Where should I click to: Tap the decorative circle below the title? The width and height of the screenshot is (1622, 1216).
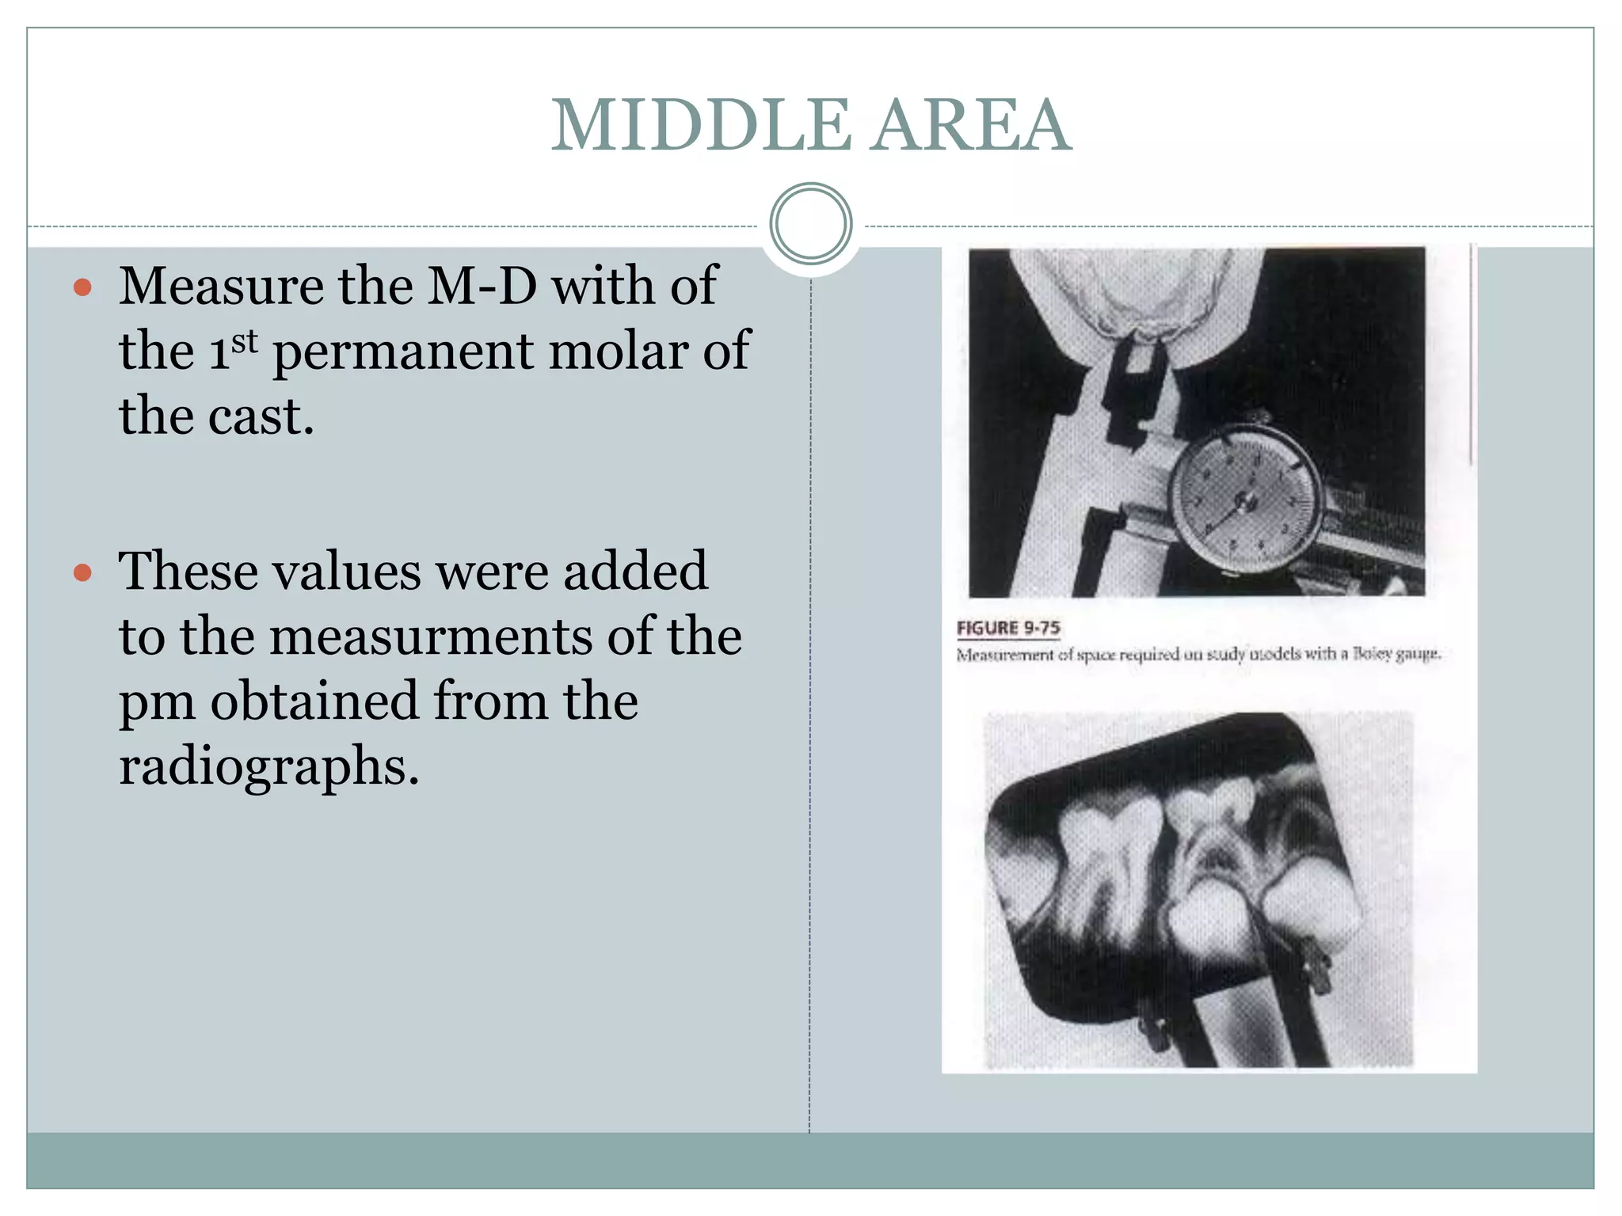[x=810, y=223]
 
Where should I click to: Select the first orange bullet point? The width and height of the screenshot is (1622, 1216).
[x=82, y=287]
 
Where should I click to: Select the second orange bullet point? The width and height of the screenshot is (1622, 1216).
[x=82, y=572]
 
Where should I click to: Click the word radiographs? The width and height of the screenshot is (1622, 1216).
[x=268, y=766]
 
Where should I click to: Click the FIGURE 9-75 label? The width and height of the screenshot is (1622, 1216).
[x=1007, y=628]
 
